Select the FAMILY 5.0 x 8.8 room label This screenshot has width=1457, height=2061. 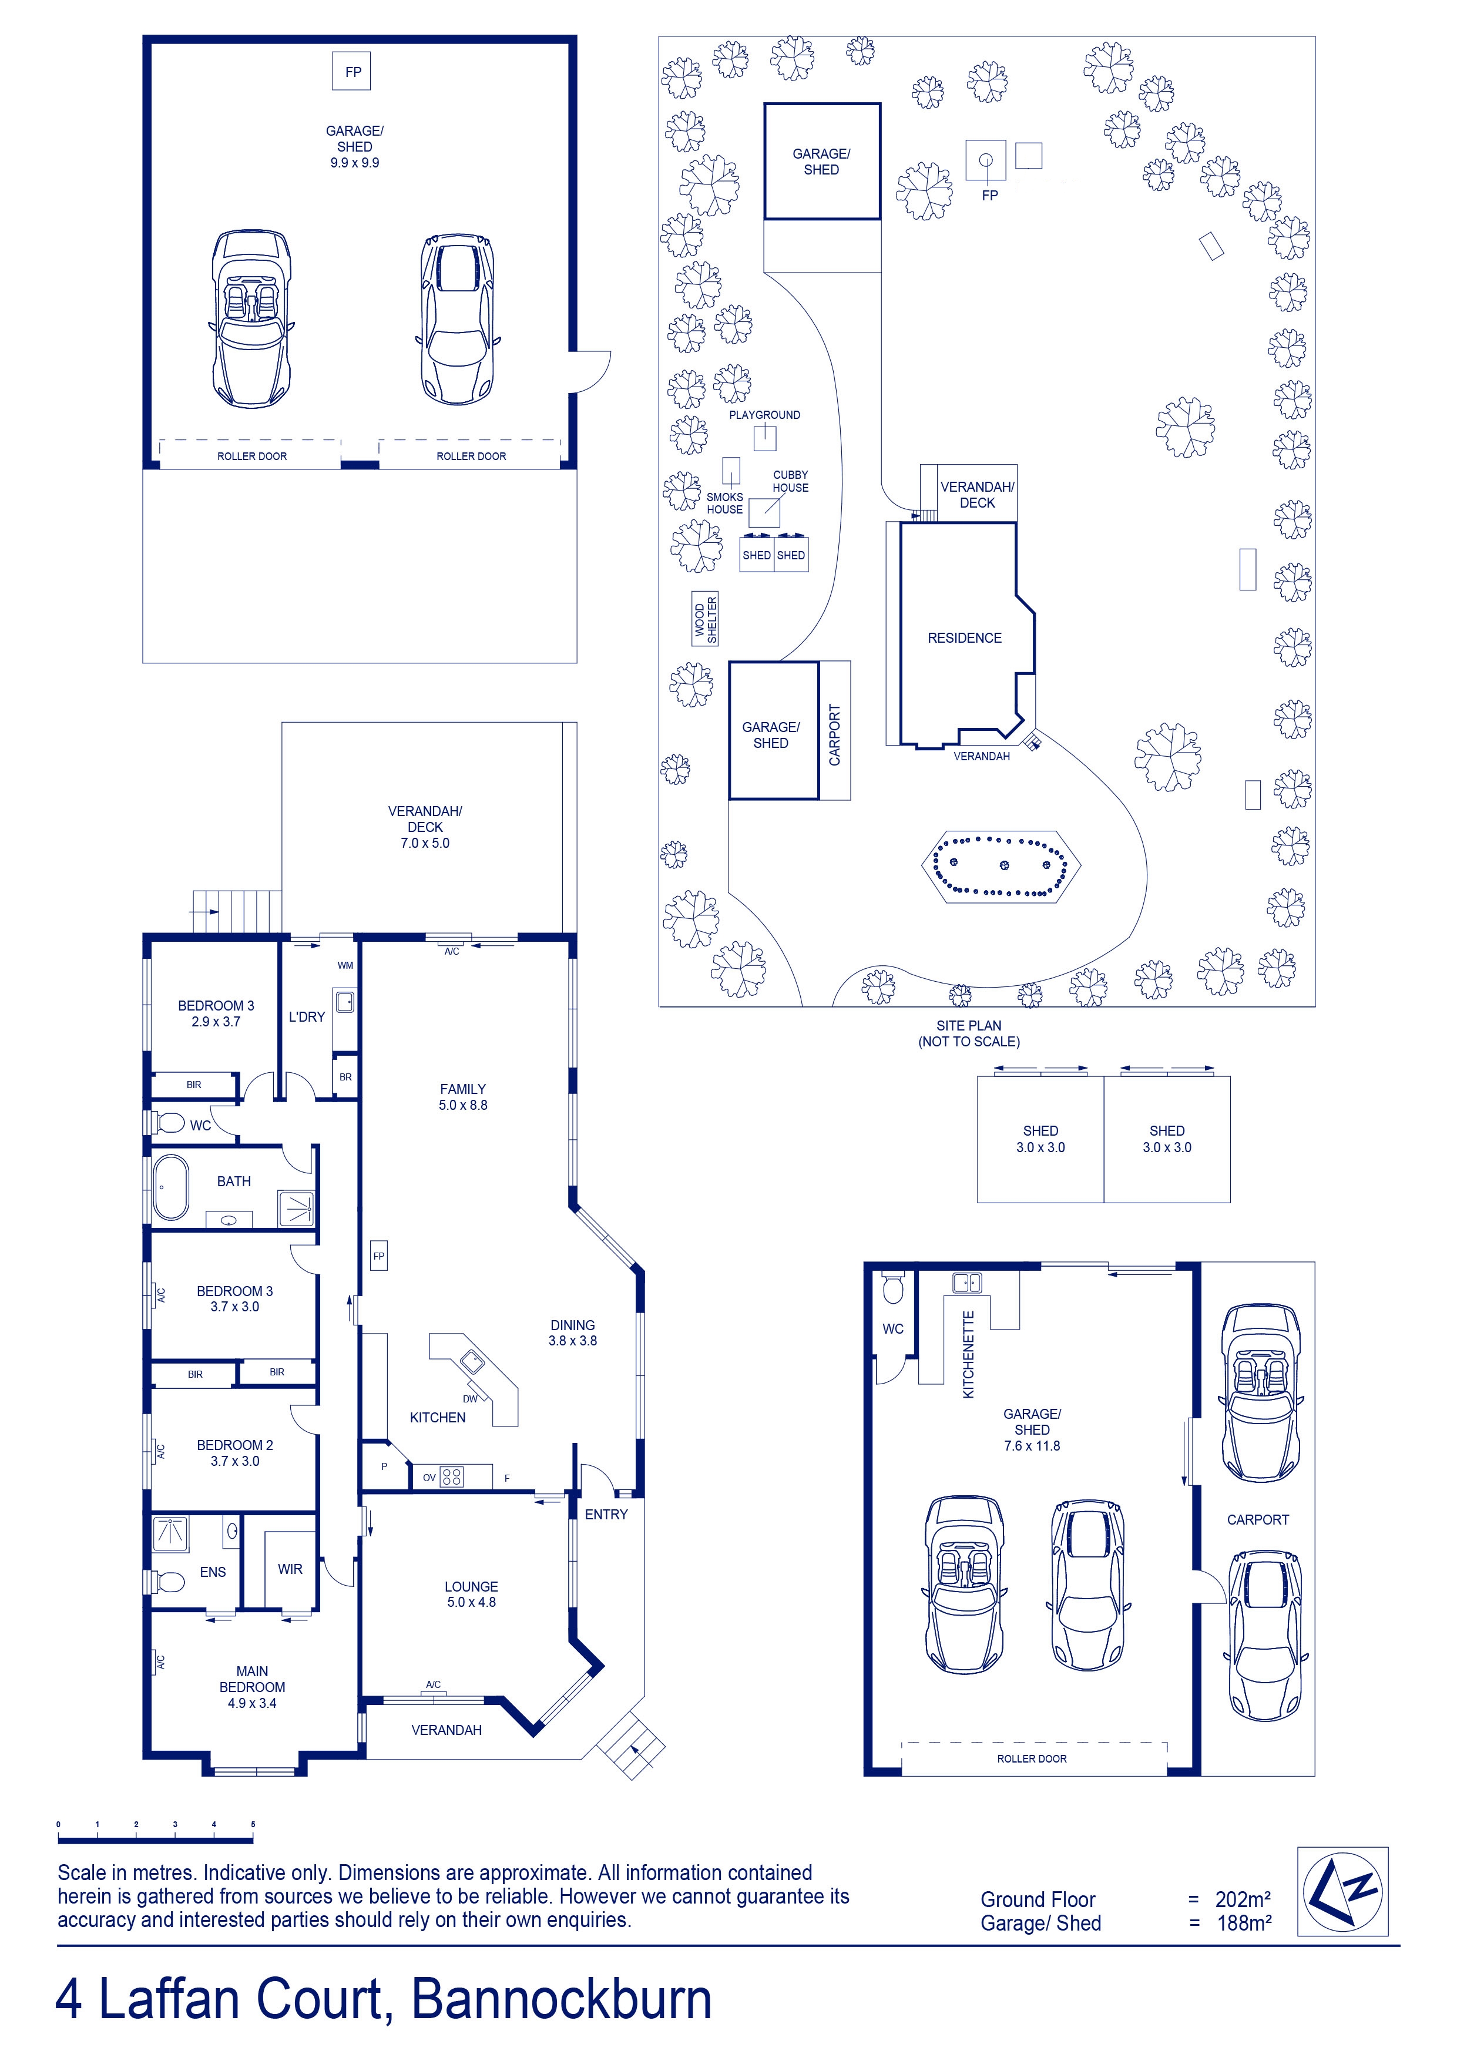[x=463, y=1097]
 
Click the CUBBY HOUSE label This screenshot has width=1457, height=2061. [x=791, y=481]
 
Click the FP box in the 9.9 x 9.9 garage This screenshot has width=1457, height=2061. [x=354, y=72]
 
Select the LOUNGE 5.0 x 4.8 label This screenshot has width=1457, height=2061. [x=471, y=1595]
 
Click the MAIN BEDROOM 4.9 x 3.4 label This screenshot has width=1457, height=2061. [x=252, y=1687]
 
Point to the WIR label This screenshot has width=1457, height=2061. [x=290, y=1569]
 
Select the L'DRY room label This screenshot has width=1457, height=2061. [x=307, y=1017]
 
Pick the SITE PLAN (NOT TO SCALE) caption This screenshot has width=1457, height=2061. [x=969, y=1033]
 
